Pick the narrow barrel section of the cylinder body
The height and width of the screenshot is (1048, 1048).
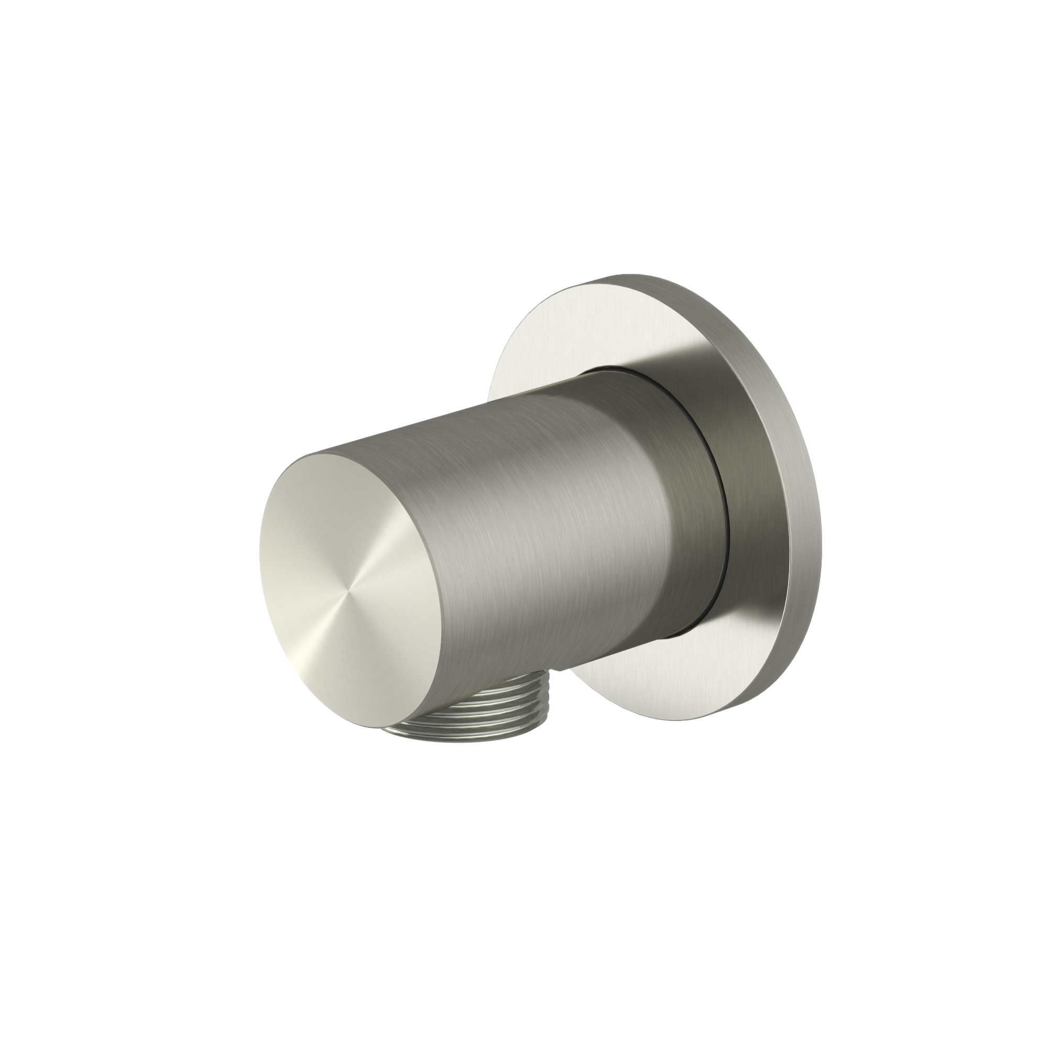515,515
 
